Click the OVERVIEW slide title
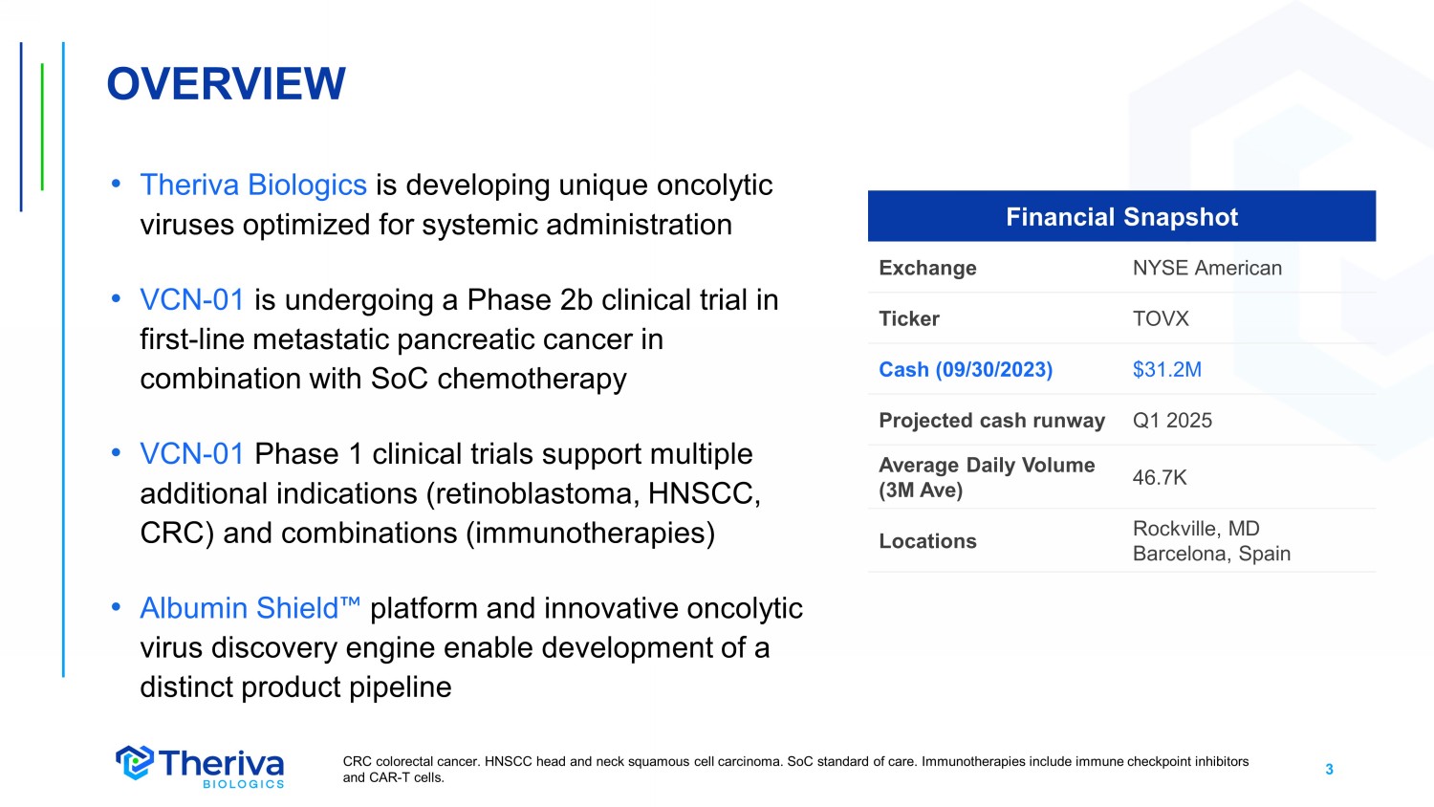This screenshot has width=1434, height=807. pos(226,84)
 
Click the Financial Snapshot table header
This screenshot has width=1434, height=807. pos(1121,216)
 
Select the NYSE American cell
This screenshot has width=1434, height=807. pos(1206,268)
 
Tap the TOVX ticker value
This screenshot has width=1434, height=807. pos(1161,318)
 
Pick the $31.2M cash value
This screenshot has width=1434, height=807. pos(1167,369)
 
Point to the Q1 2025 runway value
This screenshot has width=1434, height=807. pos(1172,420)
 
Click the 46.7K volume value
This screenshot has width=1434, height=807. pos(1160,477)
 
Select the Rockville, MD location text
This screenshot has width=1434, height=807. pos(1196,529)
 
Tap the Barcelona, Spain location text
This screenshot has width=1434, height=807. pos(1211,554)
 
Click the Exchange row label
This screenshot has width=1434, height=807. pos(927,268)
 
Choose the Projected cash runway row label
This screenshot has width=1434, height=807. pos(991,420)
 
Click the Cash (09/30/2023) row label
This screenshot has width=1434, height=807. pos(966,369)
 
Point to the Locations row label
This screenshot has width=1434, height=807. pos(927,541)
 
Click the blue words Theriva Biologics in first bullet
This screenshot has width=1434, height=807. pos(253,185)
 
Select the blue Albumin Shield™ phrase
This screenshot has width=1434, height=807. pos(250,608)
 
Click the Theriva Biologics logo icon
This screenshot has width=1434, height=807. pos(135,763)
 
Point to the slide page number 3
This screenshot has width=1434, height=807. pos(1329,769)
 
